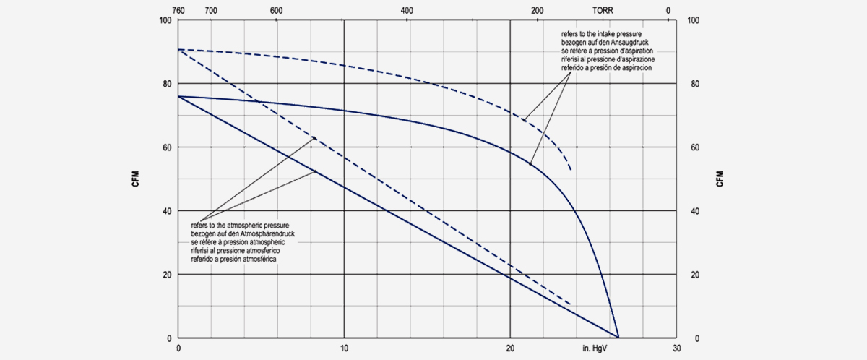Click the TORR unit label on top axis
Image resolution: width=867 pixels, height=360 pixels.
(x=604, y=11)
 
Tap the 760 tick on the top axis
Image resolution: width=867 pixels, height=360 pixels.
(x=179, y=11)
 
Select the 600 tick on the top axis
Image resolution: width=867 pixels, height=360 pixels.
(x=276, y=11)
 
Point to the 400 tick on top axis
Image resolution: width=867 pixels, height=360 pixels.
(x=407, y=11)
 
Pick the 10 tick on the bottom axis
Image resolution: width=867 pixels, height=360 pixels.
(x=345, y=348)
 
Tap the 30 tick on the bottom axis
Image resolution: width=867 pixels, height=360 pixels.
(x=676, y=348)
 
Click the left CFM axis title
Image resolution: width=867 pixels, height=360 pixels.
(x=135, y=179)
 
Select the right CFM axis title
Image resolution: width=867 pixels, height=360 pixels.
(x=720, y=179)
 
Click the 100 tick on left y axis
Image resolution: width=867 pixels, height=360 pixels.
(x=165, y=20)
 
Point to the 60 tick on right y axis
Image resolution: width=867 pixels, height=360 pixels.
(x=694, y=147)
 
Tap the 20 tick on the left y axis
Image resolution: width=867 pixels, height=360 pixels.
(x=168, y=275)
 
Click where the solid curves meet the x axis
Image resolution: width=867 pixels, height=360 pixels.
(x=618, y=337)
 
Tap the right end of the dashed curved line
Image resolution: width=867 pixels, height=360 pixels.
(x=571, y=170)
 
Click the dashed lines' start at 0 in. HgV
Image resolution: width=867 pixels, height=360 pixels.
(x=179, y=50)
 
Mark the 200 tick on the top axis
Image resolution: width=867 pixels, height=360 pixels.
(x=537, y=11)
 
